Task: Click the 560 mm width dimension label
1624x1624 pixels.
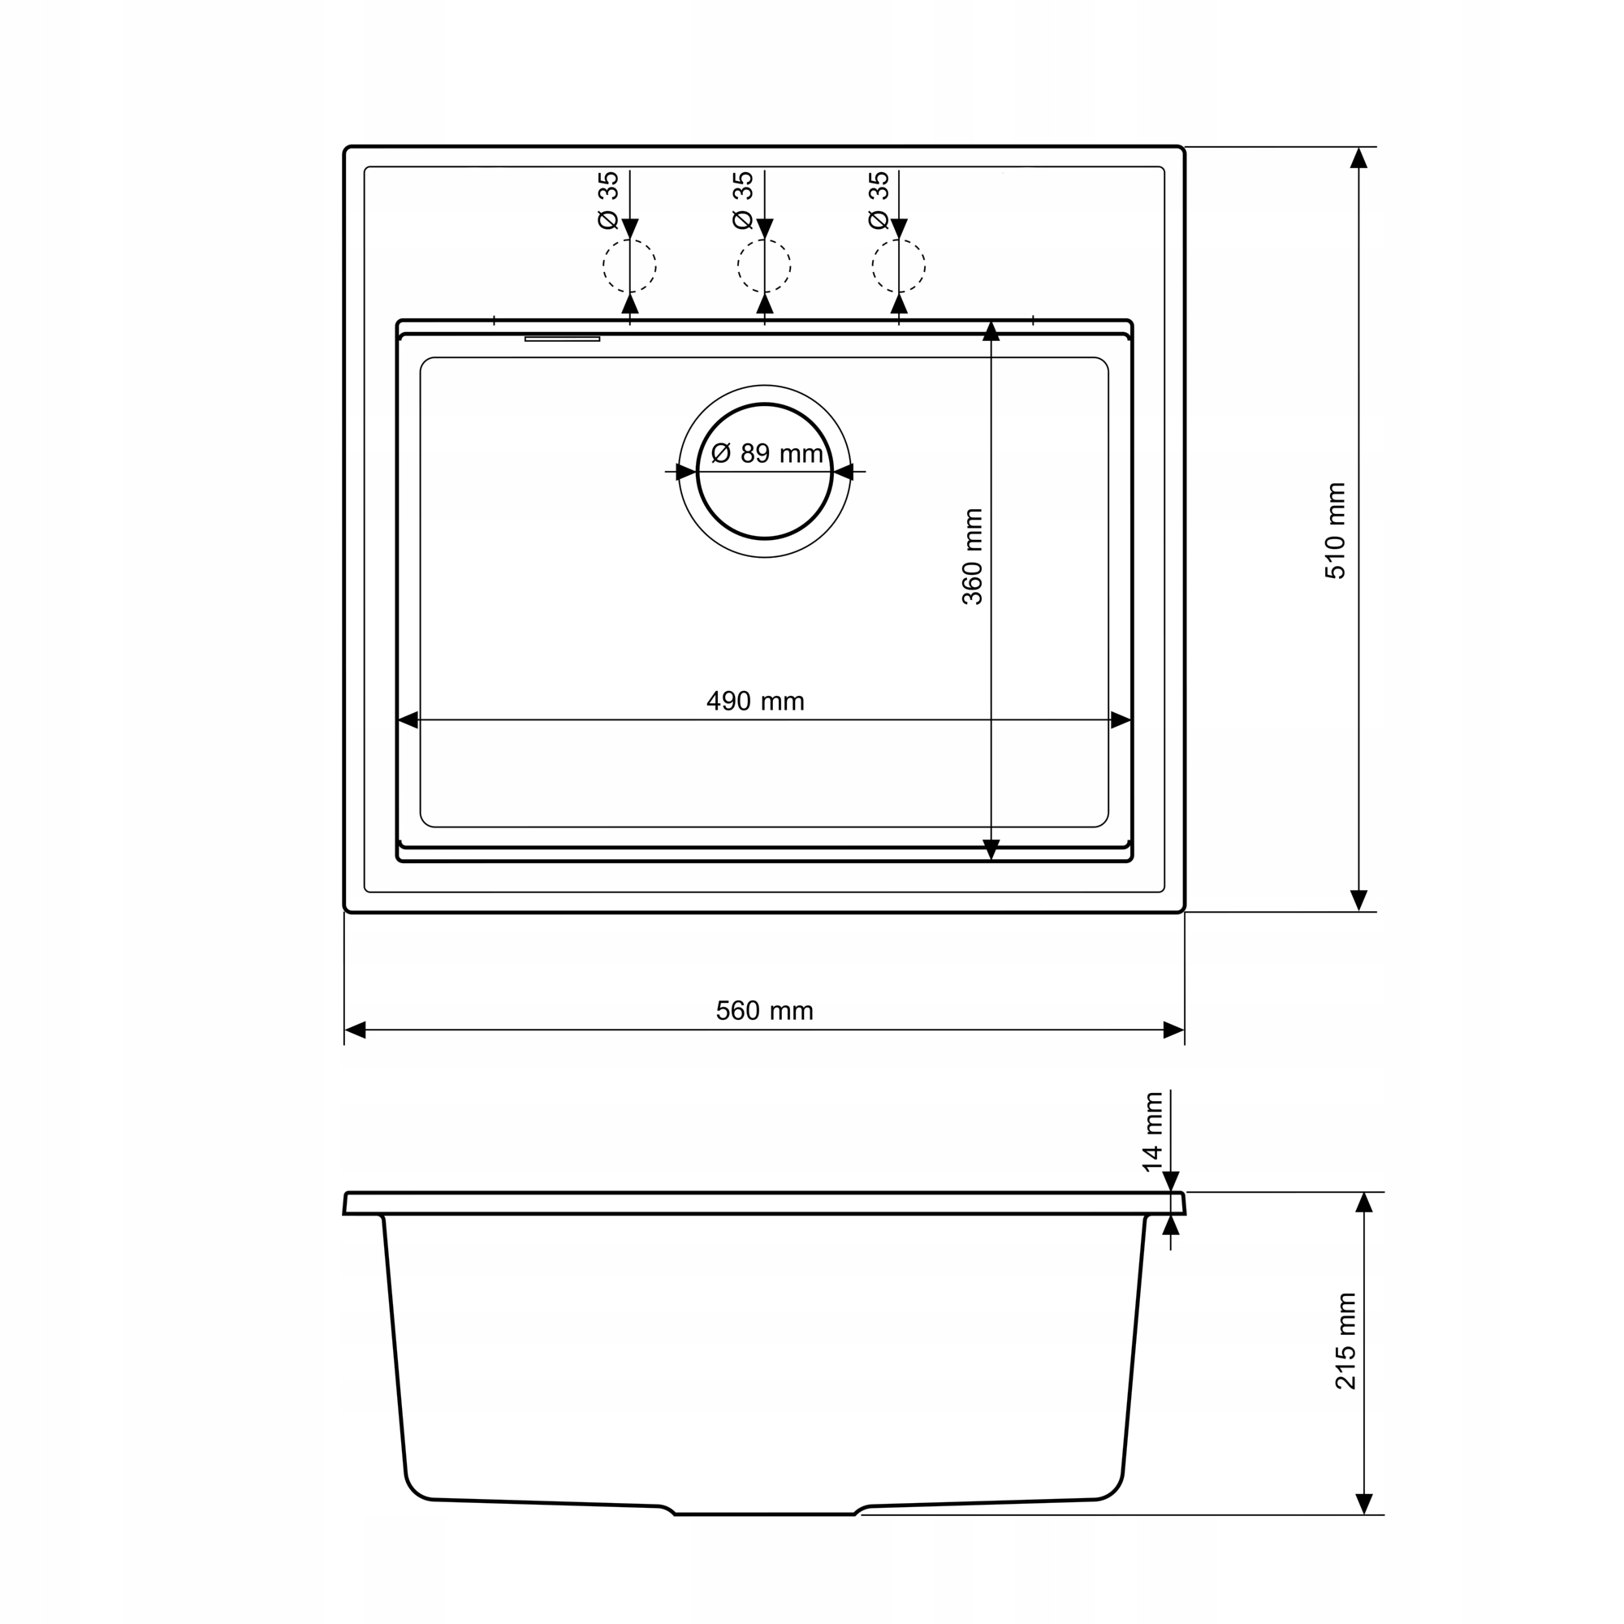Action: click(x=764, y=1010)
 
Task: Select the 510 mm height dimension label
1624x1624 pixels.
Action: click(x=1335, y=530)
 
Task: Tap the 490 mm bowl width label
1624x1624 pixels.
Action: click(x=755, y=701)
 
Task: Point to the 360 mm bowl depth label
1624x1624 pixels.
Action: click(x=972, y=556)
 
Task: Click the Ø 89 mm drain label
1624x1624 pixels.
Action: click(x=767, y=454)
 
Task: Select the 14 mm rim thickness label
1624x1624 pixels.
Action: click(x=1152, y=1131)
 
